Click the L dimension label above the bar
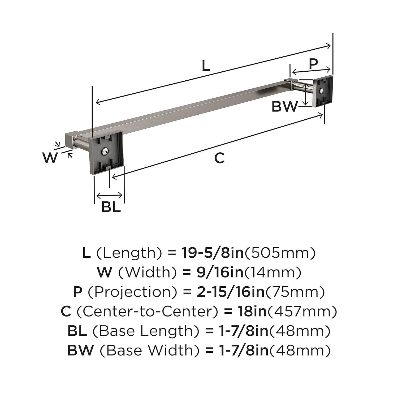[206, 66]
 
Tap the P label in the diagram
[313, 63]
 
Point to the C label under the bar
[219, 158]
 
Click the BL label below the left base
[111, 207]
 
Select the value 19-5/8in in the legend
[212, 253]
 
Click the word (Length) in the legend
[129, 253]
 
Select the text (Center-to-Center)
[148, 312]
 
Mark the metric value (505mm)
[280, 253]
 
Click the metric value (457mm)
[302, 312]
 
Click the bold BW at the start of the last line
[80, 351]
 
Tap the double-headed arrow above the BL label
[109, 196]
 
